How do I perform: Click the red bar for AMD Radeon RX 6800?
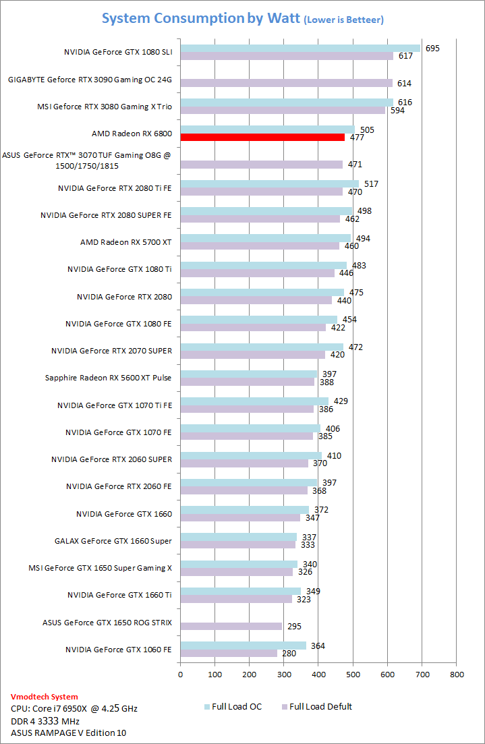tap(262, 138)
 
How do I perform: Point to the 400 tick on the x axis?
tap(318, 673)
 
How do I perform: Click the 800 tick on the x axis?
tap(457, 673)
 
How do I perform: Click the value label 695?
tap(433, 48)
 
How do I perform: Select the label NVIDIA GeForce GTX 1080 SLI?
tap(118, 51)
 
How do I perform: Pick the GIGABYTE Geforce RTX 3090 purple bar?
tap(286, 83)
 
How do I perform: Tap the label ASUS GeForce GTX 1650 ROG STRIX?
tap(107, 622)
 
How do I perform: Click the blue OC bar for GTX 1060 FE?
tap(243, 646)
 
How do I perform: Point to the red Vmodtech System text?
tap(45, 697)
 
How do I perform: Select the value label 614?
tap(405, 83)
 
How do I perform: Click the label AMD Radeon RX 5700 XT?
tap(126, 241)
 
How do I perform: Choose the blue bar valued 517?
tap(270, 183)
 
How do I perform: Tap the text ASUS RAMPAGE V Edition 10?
tap(68, 733)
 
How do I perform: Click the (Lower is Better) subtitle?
tap(344, 20)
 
